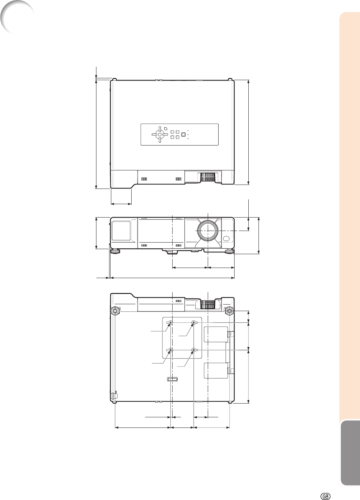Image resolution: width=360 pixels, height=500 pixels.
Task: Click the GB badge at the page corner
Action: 326,490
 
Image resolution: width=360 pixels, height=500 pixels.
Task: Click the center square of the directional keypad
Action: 160,135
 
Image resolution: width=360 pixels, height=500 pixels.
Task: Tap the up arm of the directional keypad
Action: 160,129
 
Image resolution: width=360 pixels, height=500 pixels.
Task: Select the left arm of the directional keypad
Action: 154,135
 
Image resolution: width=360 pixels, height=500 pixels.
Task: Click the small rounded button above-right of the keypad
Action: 165,128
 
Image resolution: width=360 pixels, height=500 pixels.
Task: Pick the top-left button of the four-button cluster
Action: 172,132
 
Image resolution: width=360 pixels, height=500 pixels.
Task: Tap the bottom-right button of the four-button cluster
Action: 177,137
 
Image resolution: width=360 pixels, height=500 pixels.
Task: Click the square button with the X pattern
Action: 183,135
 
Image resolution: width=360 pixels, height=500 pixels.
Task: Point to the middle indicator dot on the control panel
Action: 188,135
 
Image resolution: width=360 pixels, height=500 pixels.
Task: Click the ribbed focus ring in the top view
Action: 208,177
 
